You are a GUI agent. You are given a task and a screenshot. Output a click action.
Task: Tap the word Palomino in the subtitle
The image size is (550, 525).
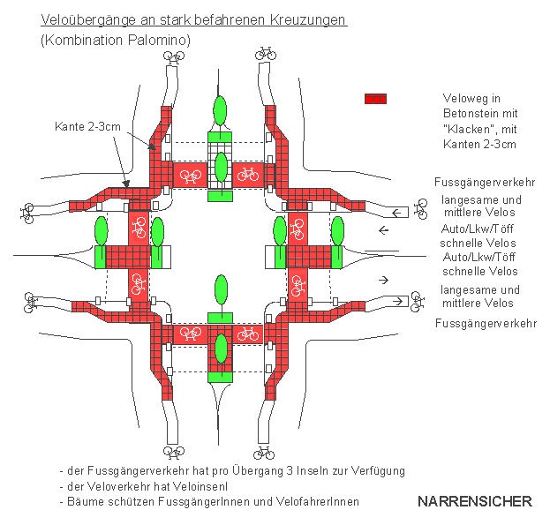click(x=159, y=41)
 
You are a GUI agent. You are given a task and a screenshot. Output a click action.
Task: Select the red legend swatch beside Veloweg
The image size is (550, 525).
click(x=375, y=100)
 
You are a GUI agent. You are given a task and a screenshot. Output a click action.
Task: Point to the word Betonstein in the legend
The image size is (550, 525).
click(x=471, y=115)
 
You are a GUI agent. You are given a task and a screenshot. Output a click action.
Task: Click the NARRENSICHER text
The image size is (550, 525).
click(x=474, y=501)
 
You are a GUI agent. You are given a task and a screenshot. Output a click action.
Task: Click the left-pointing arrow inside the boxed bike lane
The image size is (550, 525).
click(x=397, y=212)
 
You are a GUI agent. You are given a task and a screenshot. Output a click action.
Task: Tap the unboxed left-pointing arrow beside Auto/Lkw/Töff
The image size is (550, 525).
click(x=384, y=231)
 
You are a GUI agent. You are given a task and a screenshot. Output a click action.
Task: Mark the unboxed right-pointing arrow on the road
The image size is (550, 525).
click(x=384, y=280)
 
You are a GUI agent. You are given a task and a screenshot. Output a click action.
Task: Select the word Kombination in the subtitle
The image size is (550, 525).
click(x=79, y=41)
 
